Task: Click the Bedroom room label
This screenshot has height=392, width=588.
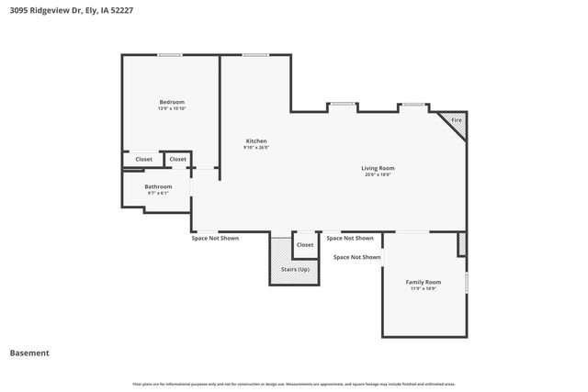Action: [172, 102]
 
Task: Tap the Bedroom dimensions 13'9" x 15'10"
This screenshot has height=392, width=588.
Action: [172, 108]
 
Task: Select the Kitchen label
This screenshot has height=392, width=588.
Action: [255, 140]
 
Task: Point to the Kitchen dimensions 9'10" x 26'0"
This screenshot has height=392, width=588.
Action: [255, 147]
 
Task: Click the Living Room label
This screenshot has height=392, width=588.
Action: [378, 168]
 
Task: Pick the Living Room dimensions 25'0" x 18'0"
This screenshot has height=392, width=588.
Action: [378, 174]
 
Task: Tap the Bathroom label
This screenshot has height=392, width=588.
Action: [158, 186]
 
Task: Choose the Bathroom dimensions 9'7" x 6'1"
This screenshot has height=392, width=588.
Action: [158, 193]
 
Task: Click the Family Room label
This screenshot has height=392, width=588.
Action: [424, 282]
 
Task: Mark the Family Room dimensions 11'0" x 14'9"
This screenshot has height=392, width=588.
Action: [424, 288]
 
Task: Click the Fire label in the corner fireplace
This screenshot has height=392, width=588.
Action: [456, 120]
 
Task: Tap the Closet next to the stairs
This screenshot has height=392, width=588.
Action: [305, 245]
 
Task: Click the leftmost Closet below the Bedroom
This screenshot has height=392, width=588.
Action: [144, 159]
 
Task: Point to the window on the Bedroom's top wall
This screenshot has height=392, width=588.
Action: [169, 55]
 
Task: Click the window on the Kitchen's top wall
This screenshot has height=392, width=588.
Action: [255, 55]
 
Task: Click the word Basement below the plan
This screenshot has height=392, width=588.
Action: [29, 353]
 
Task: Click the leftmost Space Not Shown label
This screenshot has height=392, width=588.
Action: [215, 238]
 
